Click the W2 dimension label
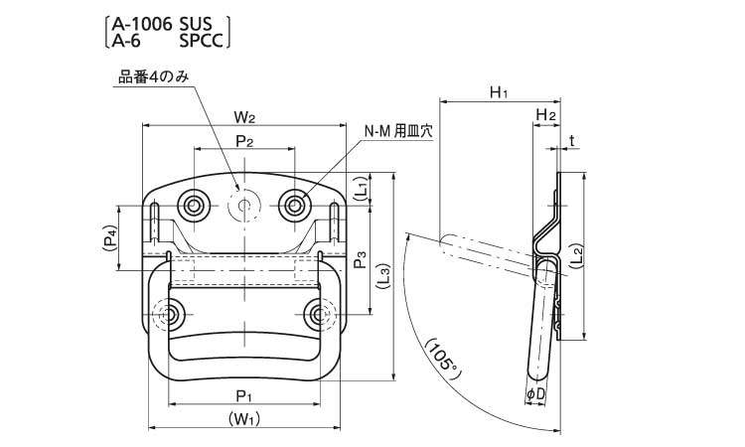(x=245, y=113)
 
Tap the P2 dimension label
(x=244, y=141)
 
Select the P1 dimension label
(x=245, y=392)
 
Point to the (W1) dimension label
(x=244, y=418)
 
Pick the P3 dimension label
(x=361, y=259)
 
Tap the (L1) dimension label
(x=364, y=185)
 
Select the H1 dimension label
(x=499, y=93)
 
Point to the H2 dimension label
(x=545, y=115)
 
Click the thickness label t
(x=573, y=141)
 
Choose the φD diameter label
(x=533, y=395)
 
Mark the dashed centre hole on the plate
(x=241, y=206)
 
